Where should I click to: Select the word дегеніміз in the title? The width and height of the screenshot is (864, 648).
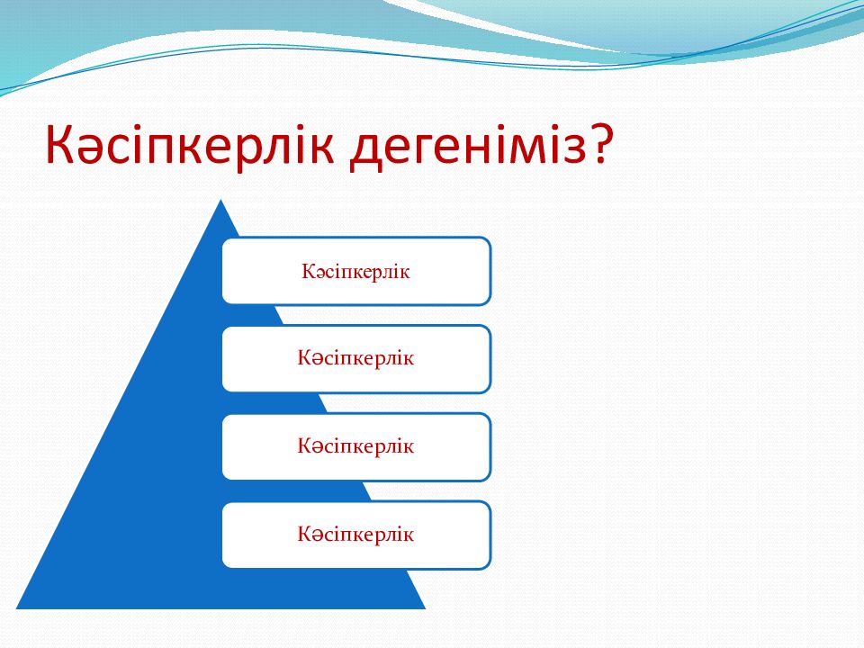[468, 147]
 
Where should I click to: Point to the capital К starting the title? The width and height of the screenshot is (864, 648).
[59, 144]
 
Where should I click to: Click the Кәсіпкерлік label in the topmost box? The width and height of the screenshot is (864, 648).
[355, 272]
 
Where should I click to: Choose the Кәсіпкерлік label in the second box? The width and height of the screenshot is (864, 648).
[355, 358]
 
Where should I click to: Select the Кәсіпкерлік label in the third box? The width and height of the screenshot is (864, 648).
[355, 445]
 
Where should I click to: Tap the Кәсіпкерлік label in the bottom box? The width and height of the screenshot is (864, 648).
[355, 534]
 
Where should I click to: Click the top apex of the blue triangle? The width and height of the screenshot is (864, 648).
[221, 200]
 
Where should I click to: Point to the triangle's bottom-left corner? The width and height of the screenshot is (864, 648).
[16, 608]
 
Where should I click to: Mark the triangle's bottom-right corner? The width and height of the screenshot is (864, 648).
[426, 608]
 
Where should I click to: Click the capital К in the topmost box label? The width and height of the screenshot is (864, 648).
[308, 271]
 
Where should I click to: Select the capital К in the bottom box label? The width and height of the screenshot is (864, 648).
[304, 534]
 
